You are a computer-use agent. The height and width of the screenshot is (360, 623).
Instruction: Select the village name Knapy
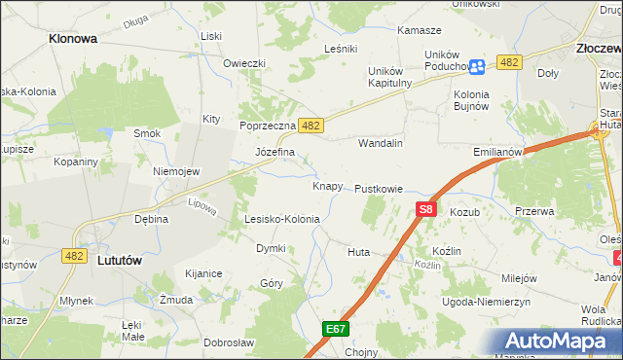(x=327, y=185)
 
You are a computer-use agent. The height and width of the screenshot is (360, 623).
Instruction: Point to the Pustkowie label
(x=379, y=188)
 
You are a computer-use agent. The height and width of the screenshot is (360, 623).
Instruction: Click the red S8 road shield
(x=426, y=208)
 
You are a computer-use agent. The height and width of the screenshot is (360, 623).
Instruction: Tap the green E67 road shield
(x=336, y=330)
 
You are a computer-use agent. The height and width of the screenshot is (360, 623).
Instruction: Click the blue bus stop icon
(x=477, y=66)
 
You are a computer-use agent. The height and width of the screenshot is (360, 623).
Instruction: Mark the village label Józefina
(x=275, y=153)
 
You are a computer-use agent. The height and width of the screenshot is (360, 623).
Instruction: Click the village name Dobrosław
(x=229, y=342)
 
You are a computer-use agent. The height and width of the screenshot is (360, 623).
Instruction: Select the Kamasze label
(x=420, y=31)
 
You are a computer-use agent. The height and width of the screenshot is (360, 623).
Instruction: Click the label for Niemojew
(x=176, y=171)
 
